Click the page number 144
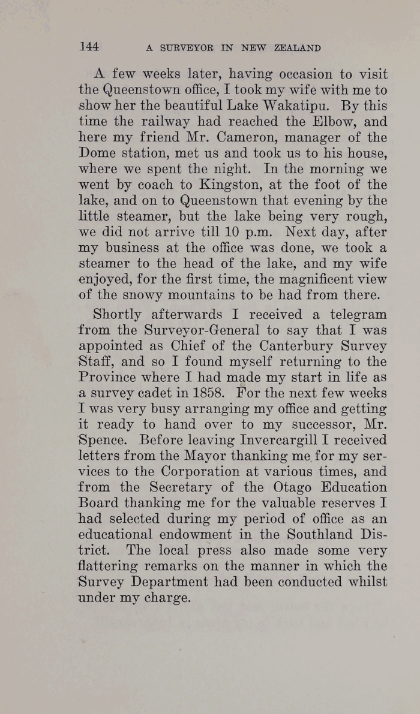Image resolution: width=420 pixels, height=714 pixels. coord(88,46)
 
